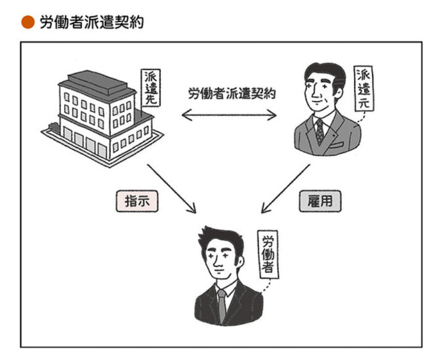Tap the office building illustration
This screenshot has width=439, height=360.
point(96,117)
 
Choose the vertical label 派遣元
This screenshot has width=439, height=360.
point(364,88)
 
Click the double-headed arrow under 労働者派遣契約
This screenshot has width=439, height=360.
point(229,114)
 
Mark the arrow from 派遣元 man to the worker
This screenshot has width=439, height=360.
point(286,188)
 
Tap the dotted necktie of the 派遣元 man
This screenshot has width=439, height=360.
point(320,130)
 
